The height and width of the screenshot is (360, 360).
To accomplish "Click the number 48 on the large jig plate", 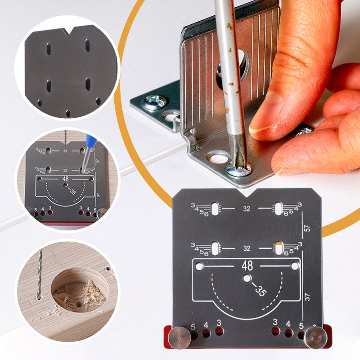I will click(247, 265).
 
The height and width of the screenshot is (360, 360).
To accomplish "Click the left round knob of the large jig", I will click(179, 337).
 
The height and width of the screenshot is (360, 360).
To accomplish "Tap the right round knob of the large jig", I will click(314, 337).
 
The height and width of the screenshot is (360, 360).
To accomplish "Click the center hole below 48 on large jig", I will click(247, 279).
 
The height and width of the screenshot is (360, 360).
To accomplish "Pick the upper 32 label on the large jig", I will click(247, 209).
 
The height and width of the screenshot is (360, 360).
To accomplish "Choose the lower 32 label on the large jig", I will click(247, 248).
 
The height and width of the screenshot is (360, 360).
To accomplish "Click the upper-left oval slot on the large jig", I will click(216, 208).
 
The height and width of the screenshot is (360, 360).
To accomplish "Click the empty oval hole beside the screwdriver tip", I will click(218, 158).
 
